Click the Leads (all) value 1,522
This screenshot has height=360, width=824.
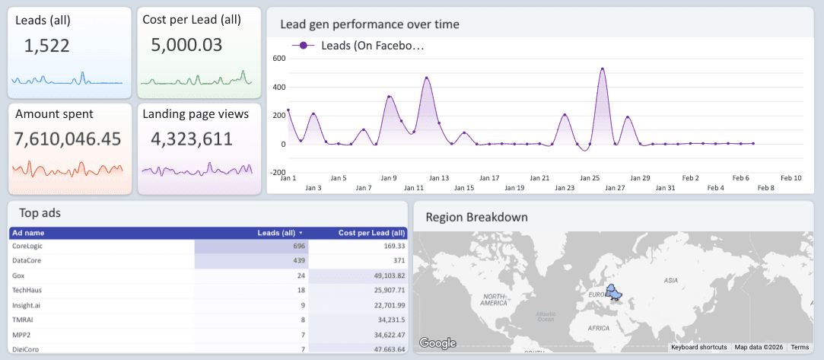click(x=47, y=46)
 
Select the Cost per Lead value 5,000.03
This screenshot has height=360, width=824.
click(x=186, y=45)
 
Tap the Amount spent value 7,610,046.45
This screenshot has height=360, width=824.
click(x=68, y=139)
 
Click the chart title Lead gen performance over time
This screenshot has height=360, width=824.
click(x=370, y=24)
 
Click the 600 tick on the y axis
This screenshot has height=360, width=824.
click(x=278, y=59)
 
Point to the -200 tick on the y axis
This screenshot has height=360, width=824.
click(x=277, y=173)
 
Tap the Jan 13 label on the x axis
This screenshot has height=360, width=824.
click(x=439, y=178)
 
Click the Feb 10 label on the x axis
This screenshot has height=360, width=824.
click(x=791, y=178)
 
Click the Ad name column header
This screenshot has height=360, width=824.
click(x=28, y=233)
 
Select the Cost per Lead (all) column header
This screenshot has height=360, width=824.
click(x=371, y=233)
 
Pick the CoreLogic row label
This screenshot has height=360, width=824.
click(x=31, y=247)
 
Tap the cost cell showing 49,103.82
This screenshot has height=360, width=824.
click(x=384, y=275)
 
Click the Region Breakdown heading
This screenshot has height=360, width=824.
click(x=476, y=217)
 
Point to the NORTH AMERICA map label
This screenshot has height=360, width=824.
click(x=494, y=299)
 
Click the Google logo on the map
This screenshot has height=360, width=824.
click(x=437, y=343)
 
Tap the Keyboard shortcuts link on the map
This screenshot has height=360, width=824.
click(x=698, y=347)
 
